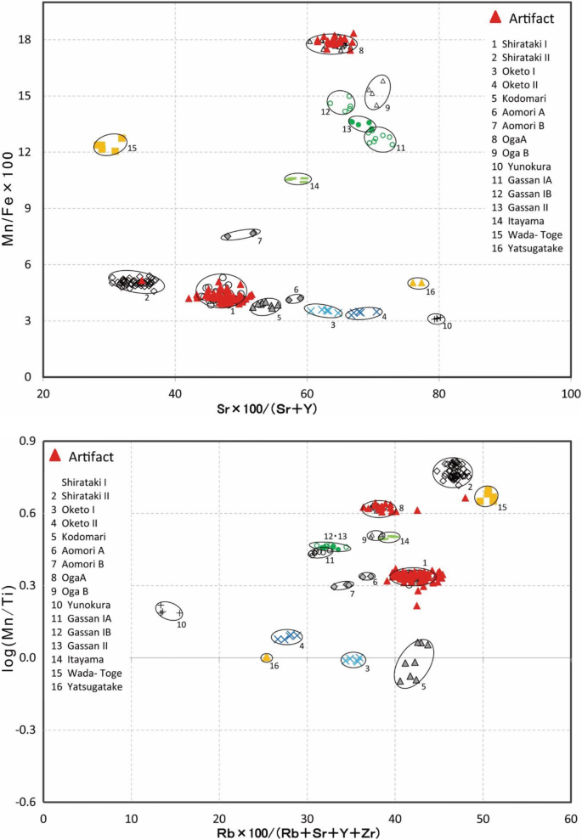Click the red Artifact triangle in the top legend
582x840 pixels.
click(496, 16)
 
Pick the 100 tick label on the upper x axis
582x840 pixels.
click(571, 394)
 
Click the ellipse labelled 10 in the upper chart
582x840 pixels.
click(437, 319)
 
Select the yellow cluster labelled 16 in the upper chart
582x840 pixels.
click(417, 283)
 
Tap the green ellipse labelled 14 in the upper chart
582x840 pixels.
click(297, 179)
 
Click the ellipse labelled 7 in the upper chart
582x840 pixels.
click(240, 234)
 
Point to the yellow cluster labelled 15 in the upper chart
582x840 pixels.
click(110, 144)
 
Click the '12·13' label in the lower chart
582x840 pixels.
click(336, 536)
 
